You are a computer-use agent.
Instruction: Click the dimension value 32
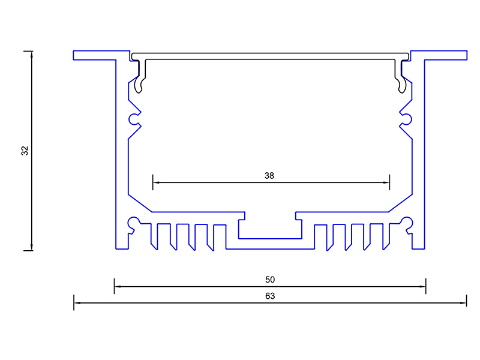[x=25, y=151]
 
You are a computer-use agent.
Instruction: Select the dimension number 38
[x=269, y=176]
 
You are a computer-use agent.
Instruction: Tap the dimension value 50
[x=269, y=280]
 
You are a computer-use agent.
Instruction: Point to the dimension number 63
[x=269, y=296]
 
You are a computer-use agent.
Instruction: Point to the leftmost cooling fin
[x=153, y=236]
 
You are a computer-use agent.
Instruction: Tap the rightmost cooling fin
[x=386, y=236]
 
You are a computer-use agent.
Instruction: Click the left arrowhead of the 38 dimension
[x=155, y=182]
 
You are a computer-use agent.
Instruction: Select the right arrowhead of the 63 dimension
[x=464, y=303]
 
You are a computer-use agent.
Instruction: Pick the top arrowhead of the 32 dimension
[x=32, y=54]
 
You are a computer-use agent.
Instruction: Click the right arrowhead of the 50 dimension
[x=423, y=287]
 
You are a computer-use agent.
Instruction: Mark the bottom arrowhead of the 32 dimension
[x=32, y=247]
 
